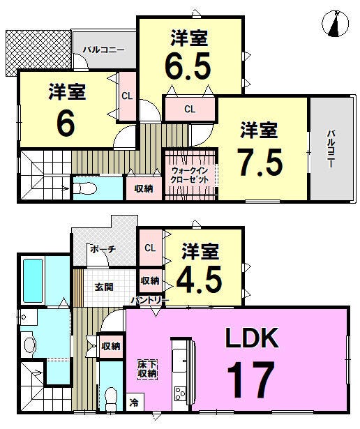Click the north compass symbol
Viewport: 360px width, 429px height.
click(x=336, y=24)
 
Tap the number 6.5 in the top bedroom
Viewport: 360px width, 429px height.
click(x=188, y=66)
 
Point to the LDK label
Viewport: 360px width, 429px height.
click(x=251, y=338)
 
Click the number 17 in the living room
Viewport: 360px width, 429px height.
click(x=250, y=379)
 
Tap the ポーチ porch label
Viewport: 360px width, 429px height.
click(x=103, y=249)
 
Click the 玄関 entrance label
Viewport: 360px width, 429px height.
click(x=104, y=287)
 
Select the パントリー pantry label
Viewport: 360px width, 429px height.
click(x=149, y=301)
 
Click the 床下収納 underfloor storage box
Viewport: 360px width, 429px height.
click(x=147, y=369)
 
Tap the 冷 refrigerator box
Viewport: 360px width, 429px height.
click(x=135, y=402)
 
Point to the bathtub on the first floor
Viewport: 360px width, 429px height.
click(x=33, y=280)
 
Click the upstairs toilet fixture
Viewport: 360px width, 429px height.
click(x=85, y=188)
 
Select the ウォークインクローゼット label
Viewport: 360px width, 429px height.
click(x=190, y=175)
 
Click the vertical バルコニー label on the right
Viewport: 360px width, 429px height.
click(x=331, y=149)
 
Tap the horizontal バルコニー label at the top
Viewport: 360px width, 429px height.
click(x=104, y=50)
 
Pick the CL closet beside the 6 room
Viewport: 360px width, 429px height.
click(x=127, y=96)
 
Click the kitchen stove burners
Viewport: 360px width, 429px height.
click(x=180, y=394)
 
